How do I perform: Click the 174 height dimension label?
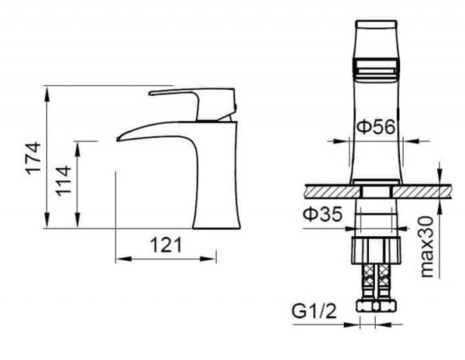point(33,158)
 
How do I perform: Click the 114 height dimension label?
point(64,181)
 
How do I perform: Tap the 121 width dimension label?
point(166,245)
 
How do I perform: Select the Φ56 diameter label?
point(376,127)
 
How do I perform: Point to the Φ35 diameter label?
point(322,214)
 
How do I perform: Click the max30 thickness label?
point(427,247)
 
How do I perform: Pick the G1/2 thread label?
point(315,310)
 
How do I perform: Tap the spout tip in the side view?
point(119,139)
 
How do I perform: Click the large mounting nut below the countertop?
point(377,250)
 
